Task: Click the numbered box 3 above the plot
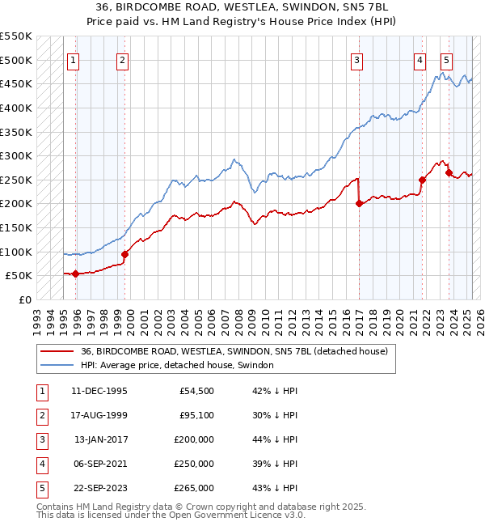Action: (x=356, y=59)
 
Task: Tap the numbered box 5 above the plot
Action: (x=447, y=59)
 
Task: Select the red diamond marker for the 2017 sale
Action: (x=358, y=204)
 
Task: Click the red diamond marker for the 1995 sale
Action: (x=75, y=274)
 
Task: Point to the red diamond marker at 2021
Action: (x=422, y=180)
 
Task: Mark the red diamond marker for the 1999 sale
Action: (x=124, y=254)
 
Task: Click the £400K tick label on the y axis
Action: (x=17, y=108)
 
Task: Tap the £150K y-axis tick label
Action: (x=17, y=227)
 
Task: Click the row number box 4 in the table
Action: (x=41, y=464)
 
